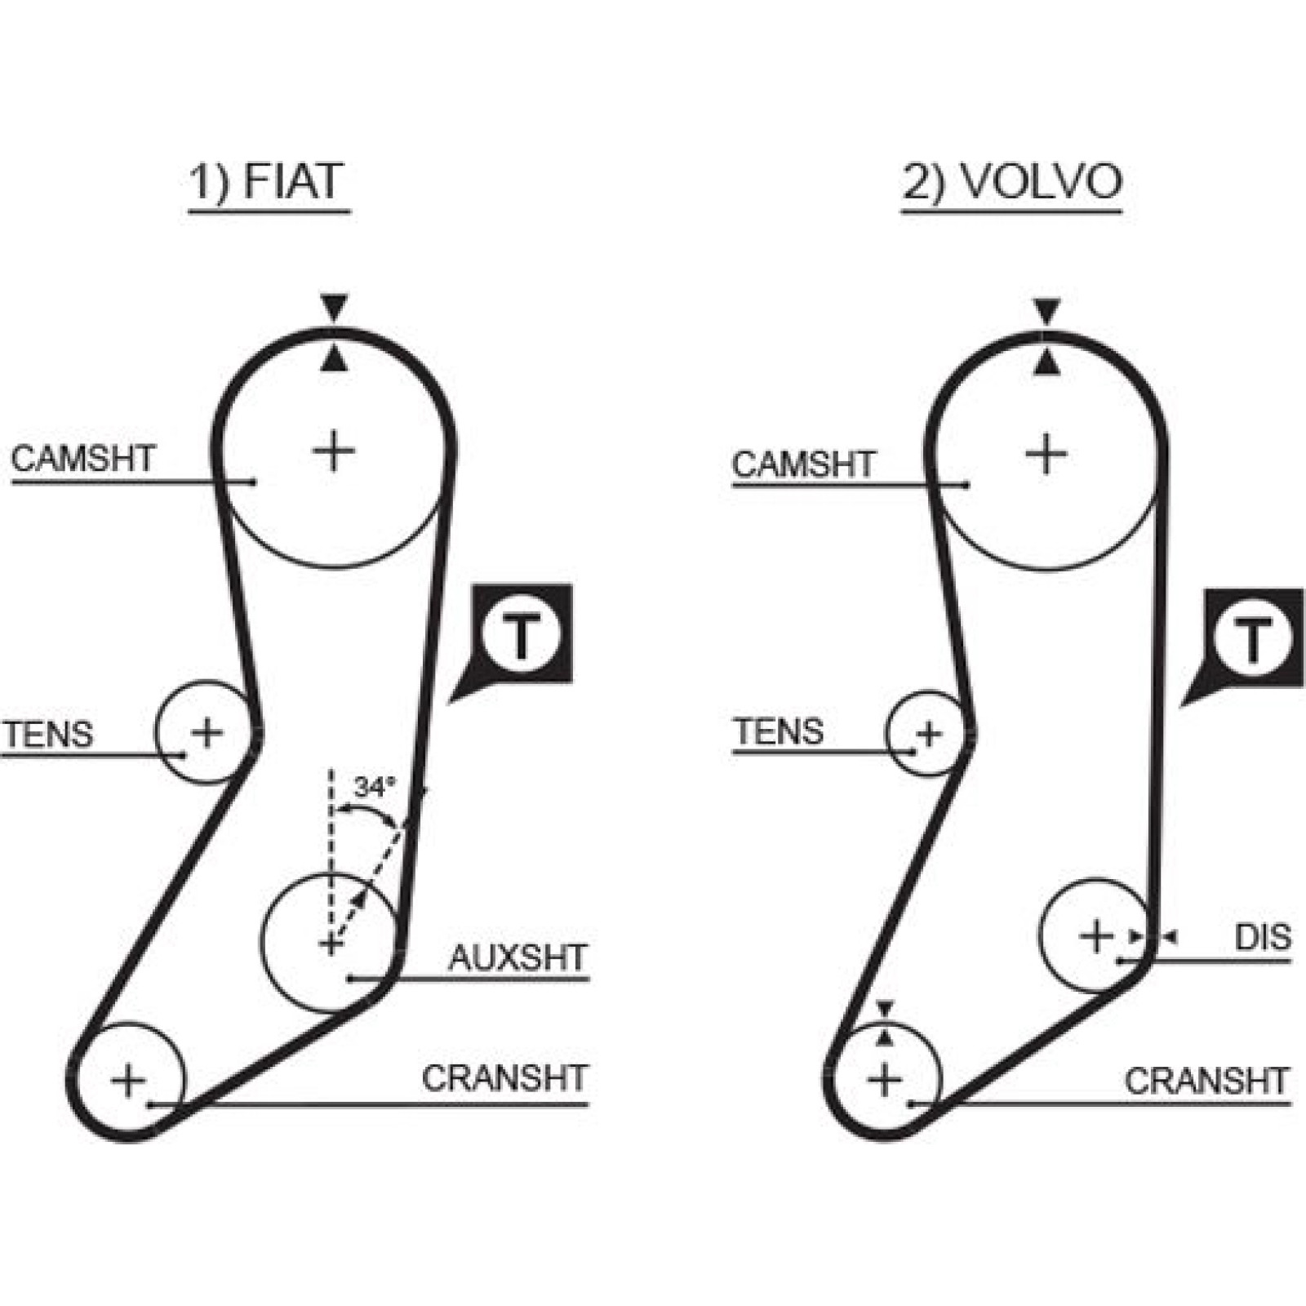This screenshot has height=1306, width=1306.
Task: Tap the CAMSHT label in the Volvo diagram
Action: [803, 464]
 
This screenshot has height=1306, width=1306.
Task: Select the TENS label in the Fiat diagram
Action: [47, 734]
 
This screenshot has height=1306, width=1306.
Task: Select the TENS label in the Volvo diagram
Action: [778, 731]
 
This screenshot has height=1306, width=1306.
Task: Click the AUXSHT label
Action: [518, 957]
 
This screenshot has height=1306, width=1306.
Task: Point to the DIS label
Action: [1263, 937]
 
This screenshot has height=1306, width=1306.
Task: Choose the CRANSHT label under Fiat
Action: [504, 1078]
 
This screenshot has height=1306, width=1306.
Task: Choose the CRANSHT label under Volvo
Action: [1206, 1081]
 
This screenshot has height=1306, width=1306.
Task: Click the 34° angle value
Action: [374, 787]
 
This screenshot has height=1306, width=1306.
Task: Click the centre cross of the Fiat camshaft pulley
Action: [334, 451]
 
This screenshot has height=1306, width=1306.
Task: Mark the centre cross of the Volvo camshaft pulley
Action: [1046, 454]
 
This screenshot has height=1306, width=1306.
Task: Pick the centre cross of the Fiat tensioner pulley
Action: [207, 732]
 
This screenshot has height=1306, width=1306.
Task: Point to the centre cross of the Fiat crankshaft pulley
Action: [128, 1082]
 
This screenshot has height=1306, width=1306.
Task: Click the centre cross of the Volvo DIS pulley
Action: [1096, 935]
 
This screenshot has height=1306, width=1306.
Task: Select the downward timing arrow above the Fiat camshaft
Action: [334, 308]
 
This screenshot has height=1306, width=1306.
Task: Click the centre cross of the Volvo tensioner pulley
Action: [929, 734]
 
